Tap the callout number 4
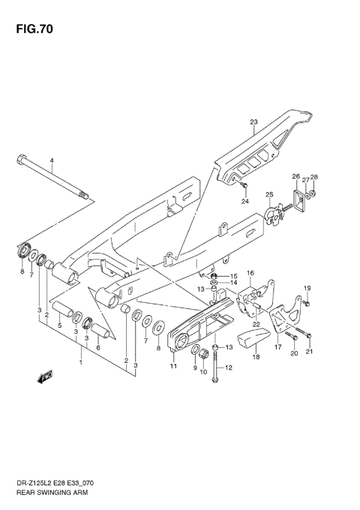[52, 161]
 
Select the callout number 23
[253, 122]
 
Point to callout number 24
[244, 201]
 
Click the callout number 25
[268, 195]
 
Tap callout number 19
[307, 288]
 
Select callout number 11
[173, 366]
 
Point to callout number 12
[229, 367]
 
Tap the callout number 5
[59, 326]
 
